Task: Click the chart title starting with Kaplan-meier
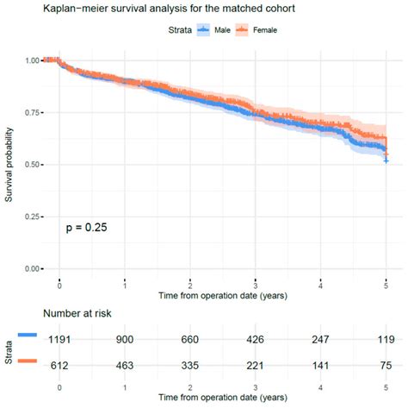(149, 10)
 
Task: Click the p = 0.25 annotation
(86, 228)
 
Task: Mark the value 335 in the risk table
(190, 366)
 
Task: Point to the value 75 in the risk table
(386, 366)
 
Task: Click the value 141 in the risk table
(320, 366)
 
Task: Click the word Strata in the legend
(176, 30)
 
